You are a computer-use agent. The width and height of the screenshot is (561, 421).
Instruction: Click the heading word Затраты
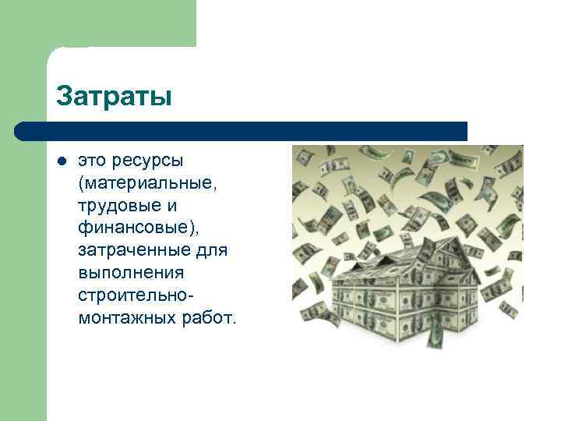114,97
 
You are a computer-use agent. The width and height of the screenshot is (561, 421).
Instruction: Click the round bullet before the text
62,161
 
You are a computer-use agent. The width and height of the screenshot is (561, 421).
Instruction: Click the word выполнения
131,274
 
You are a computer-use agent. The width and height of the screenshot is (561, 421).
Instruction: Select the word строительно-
136,297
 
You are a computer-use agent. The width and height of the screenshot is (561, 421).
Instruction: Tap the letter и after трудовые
172,207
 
